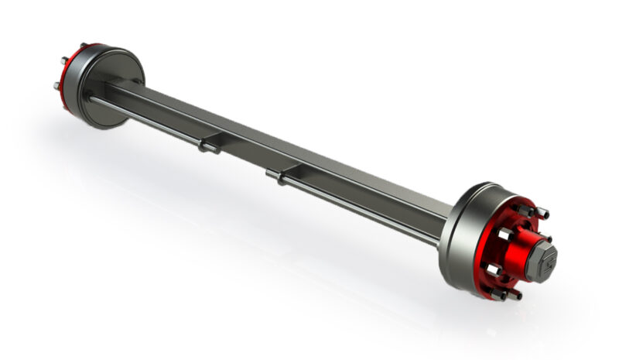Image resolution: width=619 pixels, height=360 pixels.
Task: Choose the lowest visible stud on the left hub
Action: click(59, 85)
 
